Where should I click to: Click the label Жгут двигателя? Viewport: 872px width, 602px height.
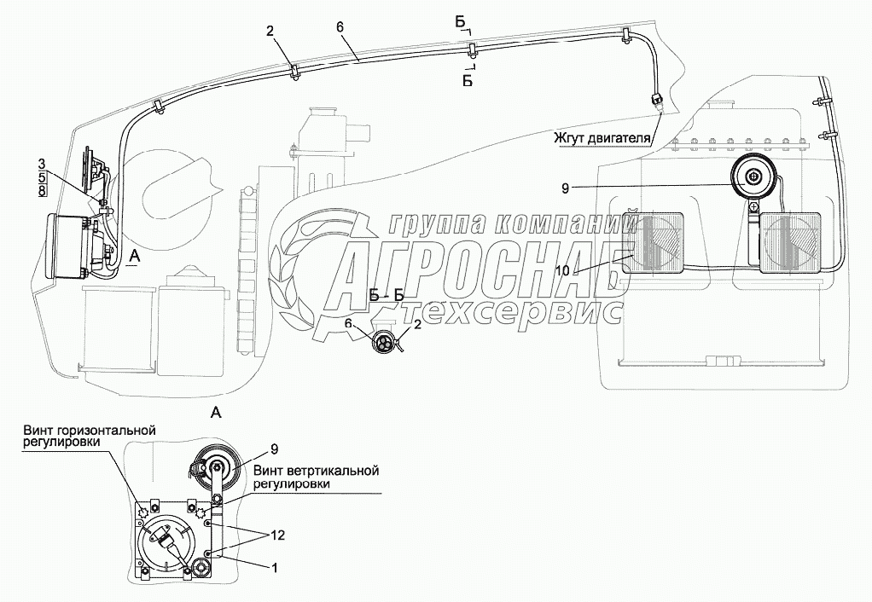(x=602, y=137)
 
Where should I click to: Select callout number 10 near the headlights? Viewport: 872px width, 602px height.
(x=562, y=270)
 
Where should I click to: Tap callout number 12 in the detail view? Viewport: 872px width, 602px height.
(x=277, y=535)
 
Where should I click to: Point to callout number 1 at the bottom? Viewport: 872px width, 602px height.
(x=274, y=568)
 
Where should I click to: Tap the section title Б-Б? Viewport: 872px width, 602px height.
(x=387, y=295)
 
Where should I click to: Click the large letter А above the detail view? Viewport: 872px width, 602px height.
(x=217, y=413)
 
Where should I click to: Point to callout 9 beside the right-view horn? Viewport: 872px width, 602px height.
(x=566, y=189)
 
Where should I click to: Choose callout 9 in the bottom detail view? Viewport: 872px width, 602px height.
(x=274, y=449)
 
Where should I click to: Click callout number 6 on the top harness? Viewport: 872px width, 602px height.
(x=340, y=26)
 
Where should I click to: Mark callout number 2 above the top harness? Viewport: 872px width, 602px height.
(x=269, y=32)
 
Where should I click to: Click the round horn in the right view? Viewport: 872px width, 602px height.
(x=753, y=178)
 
